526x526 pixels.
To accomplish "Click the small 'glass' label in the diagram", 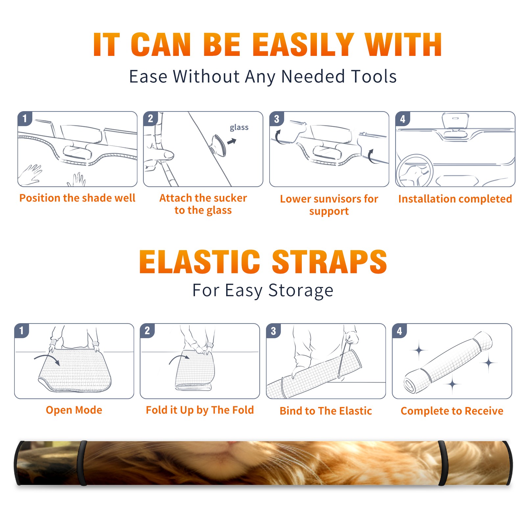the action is (x=239, y=127).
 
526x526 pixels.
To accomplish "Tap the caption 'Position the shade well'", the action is (x=77, y=198).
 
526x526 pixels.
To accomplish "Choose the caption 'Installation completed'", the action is (x=455, y=199).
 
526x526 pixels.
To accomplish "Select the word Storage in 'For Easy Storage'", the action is (x=301, y=290).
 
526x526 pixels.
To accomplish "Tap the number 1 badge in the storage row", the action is (x=22, y=330).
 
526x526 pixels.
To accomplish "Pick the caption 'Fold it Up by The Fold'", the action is (x=200, y=410).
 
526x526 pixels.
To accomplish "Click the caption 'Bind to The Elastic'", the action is (x=326, y=411).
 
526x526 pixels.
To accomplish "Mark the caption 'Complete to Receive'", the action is (x=452, y=411).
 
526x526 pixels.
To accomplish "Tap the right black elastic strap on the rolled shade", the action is (x=443, y=463).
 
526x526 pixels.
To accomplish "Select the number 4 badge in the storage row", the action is (x=399, y=330).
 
